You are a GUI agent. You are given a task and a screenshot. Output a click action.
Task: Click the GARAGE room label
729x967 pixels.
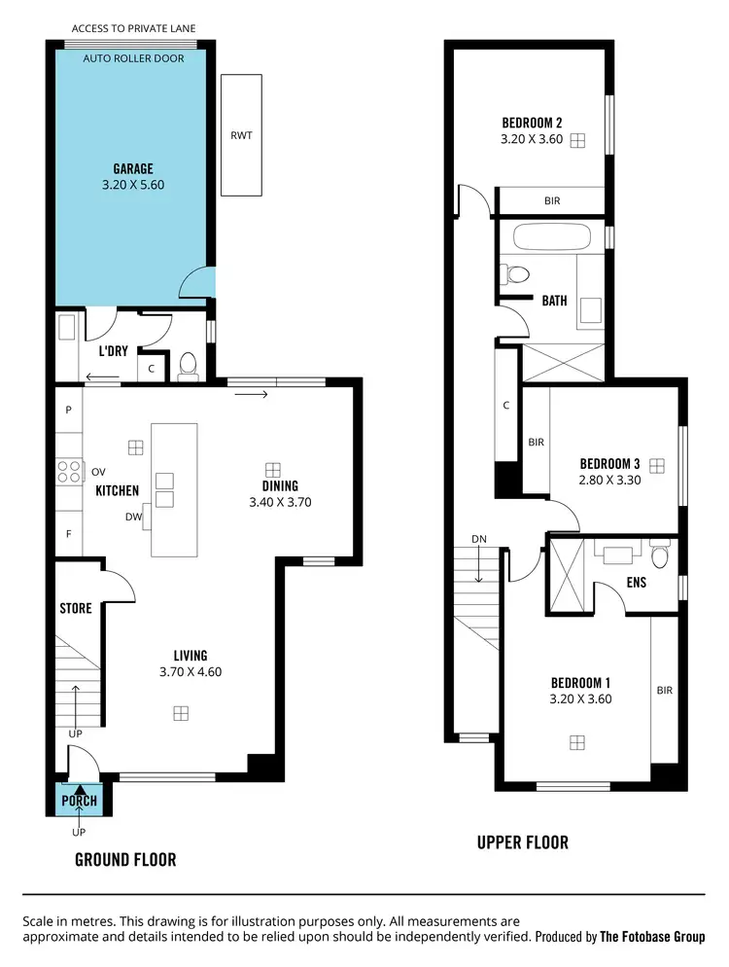(133, 168)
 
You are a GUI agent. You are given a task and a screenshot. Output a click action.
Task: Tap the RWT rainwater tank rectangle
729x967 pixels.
(241, 135)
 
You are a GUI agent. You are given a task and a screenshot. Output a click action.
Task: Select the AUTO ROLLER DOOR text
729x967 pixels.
(133, 57)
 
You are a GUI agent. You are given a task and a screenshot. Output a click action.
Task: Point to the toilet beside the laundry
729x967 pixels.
(188, 366)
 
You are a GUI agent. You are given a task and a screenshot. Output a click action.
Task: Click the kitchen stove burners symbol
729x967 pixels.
(70, 472)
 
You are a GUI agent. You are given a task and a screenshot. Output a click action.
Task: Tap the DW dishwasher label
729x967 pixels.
(134, 518)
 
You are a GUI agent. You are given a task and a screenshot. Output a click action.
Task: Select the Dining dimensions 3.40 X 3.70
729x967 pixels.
(279, 503)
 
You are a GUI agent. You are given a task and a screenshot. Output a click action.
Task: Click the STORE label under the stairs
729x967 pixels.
(76, 609)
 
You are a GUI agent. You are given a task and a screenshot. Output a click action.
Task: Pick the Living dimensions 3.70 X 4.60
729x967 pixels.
(183, 671)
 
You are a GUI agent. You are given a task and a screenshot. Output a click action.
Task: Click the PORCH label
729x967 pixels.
(80, 801)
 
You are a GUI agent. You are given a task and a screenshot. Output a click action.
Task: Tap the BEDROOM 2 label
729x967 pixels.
(532, 123)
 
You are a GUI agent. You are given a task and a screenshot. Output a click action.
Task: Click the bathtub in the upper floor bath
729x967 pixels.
(550, 238)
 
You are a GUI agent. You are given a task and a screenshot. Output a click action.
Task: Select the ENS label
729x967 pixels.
(637, 584)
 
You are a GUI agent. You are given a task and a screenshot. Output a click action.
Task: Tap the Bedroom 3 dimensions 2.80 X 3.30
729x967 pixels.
(609, 480)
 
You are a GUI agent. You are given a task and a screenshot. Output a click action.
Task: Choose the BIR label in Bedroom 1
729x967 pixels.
(665, 691)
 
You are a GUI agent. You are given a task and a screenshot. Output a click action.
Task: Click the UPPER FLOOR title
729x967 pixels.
(522, 842)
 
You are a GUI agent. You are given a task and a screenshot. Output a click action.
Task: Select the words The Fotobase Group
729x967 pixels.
(651, 937)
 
